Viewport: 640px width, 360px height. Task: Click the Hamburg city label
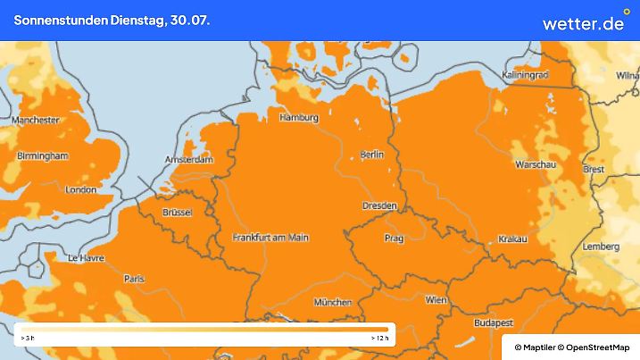[x=299, y=118]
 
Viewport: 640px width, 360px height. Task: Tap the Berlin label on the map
[x=371, y=155]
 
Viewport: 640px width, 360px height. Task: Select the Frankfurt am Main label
[x=270, y=238]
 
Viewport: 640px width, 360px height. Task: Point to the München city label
[x=332, y=303]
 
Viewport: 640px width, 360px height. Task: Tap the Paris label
[x=134, y=280]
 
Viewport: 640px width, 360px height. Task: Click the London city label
[x=80, y=189]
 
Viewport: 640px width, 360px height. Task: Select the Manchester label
[x=36, y=120]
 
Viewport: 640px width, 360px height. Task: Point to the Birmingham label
[x=42, y=155]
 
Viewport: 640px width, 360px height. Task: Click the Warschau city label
[x=536, y=164]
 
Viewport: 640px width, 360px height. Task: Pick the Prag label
[x=394, y=239]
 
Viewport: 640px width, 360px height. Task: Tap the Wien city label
[x=436, y=300]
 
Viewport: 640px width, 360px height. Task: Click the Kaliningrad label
[x=525, y=75]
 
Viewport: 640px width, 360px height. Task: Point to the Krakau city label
[x=512, y=239]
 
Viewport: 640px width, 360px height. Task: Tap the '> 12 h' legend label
[x=379, y=339]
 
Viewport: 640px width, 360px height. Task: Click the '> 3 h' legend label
[x=27, y=339]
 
